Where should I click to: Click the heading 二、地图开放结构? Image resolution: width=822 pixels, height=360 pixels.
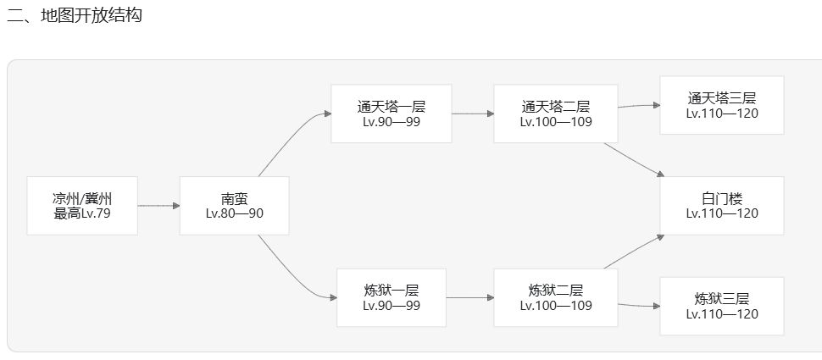click(75, 15)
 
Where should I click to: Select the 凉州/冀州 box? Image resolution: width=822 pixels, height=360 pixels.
click(82, 206)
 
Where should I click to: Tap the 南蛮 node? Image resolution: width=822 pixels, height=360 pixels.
click(235, 206)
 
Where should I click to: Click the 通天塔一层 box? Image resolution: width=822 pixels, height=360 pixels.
click(391, 114)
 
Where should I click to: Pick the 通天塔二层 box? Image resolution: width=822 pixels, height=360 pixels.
click(556, 114)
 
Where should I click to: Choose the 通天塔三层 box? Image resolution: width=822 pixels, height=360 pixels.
click(722, 105)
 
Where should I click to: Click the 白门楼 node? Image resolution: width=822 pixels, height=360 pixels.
click(722, 206)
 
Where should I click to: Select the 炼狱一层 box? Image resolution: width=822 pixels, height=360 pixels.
click(391, 297)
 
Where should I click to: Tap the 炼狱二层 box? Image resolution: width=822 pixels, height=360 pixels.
click(556, 297)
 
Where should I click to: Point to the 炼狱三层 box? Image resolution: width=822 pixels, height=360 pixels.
click(722, 306)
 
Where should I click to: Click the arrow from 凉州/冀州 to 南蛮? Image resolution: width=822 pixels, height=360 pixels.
click(158, 206)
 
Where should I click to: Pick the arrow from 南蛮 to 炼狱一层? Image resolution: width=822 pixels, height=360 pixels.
click(292, 274)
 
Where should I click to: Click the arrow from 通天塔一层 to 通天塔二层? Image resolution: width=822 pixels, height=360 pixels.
click(473, 114)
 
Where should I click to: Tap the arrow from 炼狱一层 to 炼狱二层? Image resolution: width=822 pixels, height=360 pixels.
click(470, 297)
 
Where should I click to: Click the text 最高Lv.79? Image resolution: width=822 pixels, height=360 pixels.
click(82, 213)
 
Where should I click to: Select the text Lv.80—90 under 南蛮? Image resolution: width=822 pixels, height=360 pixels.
click(235, 213)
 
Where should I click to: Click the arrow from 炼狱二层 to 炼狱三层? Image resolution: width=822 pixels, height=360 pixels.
click(639, 305)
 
